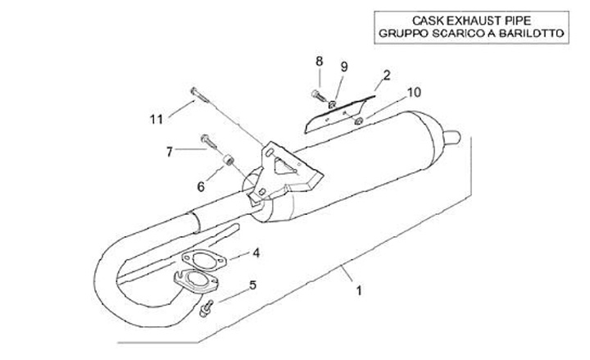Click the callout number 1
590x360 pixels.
point(358,289)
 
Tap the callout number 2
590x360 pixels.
point(386,74)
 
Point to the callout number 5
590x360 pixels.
point(252,285)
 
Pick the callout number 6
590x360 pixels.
point(201,186)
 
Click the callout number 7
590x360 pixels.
point(170,151)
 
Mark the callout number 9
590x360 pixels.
point(344,66)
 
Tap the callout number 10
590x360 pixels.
point(413,92)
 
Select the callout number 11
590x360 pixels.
point(157,119)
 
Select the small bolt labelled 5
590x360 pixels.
point(207,308)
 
